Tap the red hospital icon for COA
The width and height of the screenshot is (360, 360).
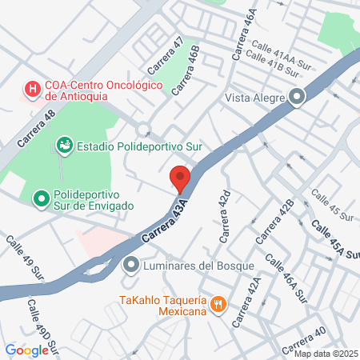click(32, 89)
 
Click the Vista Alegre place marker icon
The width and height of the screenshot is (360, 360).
click(297, 98)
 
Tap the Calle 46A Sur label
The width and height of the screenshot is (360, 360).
click(285, 279)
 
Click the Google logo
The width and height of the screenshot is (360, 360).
click(26, 350)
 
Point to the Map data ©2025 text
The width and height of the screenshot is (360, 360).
click(326, 354)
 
